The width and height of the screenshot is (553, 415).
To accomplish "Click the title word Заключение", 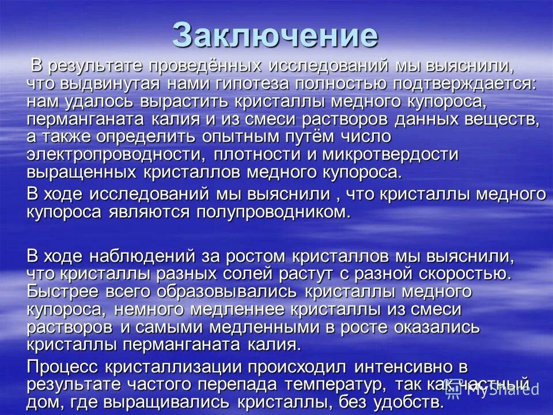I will (x=276, y=36).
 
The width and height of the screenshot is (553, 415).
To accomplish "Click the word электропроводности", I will (x=115, y=155).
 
